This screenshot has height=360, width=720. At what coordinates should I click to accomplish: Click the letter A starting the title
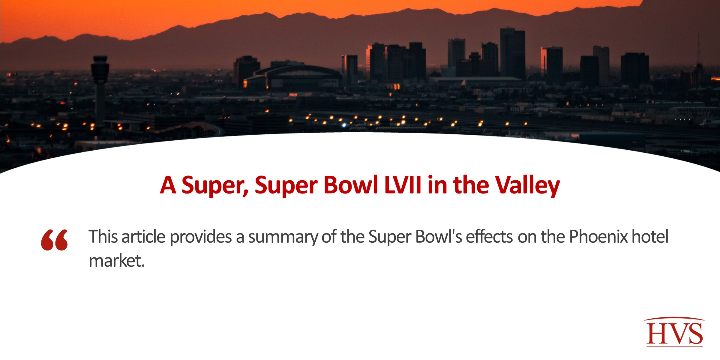click(168, 185)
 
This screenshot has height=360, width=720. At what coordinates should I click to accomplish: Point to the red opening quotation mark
click(54, 240)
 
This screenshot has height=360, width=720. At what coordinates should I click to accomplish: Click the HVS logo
click(674, 332)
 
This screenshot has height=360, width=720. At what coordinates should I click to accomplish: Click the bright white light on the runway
click(344, 125)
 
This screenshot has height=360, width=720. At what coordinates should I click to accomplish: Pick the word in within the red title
click(438, 185)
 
